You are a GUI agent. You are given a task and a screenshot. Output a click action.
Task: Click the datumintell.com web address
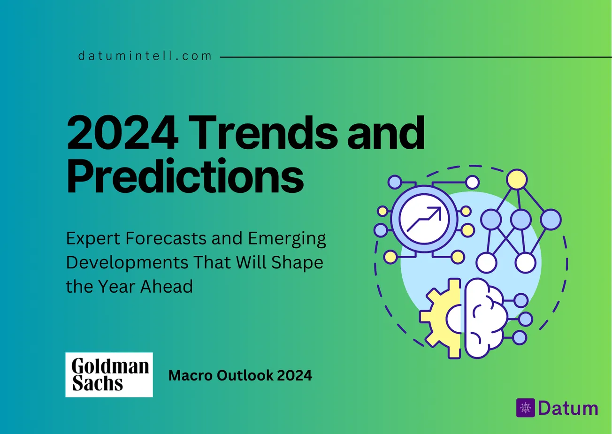(x=145, y=56)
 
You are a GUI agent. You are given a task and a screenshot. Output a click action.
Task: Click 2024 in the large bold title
(x=122, y=133)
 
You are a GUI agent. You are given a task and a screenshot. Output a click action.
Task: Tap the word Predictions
(x=185, y=177)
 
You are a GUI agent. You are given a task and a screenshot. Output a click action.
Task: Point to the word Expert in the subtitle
(x=93, y=239)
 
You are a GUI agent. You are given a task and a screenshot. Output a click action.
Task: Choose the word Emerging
(x=286, y=239)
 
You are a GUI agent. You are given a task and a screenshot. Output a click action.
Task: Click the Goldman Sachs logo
(x=109, y=375)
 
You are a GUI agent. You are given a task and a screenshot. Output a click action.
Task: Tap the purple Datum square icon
(x=525, y=408)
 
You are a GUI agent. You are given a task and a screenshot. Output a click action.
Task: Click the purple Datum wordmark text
(x=568, y=408)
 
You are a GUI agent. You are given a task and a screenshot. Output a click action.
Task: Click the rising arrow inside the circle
(x=424, y=219)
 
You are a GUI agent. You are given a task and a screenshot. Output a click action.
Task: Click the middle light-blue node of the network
(x=520, y=219)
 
